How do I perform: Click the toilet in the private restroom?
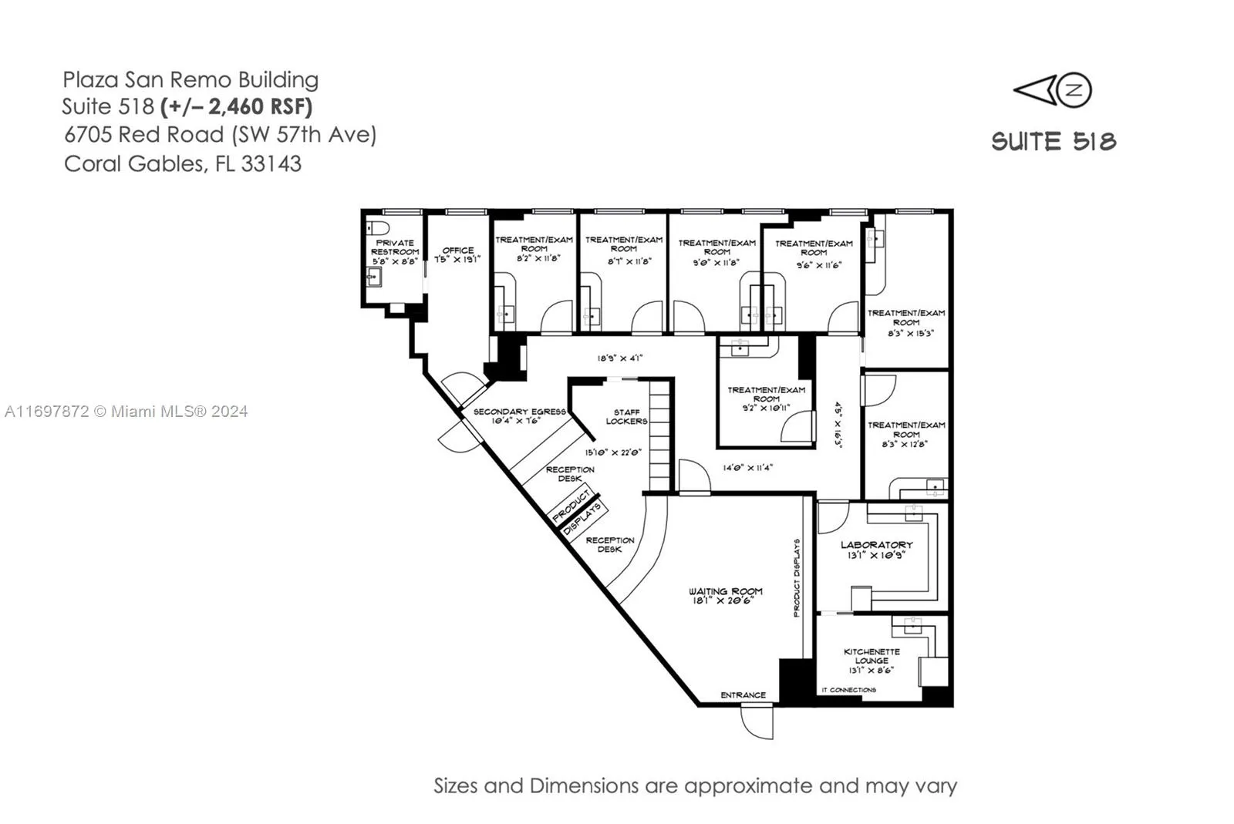coord(377,228)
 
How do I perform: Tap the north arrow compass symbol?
coord(1053,91)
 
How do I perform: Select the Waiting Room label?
coord(725,595)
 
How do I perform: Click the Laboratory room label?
coord(876,549)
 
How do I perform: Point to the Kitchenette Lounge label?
coord(872,661)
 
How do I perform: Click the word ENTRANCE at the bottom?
coord(743,695)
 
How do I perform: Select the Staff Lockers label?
coord(626,417)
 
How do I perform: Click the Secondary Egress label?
coord(519,415)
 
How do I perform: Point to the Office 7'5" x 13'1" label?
coord(457,255)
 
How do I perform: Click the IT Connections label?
coord(848,690)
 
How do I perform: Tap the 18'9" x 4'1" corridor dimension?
coord(619,358)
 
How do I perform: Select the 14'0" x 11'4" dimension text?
coord(747,468)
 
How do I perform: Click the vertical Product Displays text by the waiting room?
coord(797,577)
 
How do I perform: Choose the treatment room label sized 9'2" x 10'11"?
coord(766,399)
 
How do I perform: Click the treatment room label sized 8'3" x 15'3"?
coord(906,323)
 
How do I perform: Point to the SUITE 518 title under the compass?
coord(1054,142)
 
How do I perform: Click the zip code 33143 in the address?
coord(271,164)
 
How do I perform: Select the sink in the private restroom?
coord(374,276)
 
